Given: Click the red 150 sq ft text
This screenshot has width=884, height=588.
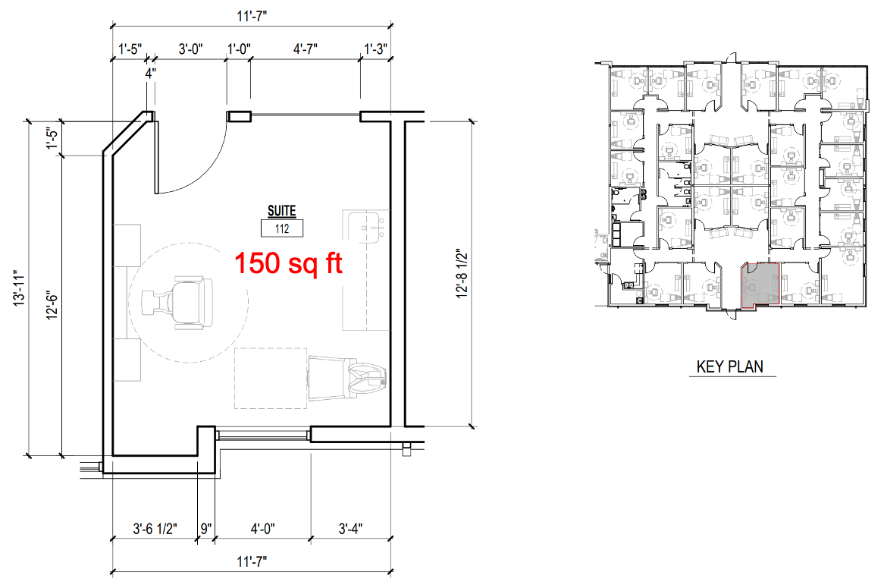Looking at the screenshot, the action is tap(288, 263).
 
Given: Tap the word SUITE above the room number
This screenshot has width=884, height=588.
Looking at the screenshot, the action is tap(281, 211).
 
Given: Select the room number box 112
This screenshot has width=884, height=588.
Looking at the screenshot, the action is tap(282, 228).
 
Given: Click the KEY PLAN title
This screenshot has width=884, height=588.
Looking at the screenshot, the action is tap(730, 366).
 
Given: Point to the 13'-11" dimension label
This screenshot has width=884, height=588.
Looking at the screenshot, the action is tap(20, 288).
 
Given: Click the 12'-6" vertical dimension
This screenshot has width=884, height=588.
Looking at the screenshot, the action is tap(52, 305).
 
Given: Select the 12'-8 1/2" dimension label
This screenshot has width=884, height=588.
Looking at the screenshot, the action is tap(462, 274).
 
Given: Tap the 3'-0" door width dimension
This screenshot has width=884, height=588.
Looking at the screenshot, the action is tap(190, 49).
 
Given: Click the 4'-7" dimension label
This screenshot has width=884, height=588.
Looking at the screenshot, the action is tap(305, 49).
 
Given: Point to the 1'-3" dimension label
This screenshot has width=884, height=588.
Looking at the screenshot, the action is tap(375, 49).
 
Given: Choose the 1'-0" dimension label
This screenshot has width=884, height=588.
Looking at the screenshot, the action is tap(239, 49).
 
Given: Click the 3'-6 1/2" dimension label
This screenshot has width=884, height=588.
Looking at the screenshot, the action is tap(155, 529).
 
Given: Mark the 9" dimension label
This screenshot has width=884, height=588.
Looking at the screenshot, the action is tap(205, 529).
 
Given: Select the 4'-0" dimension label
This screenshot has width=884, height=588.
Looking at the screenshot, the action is tap(263, 529).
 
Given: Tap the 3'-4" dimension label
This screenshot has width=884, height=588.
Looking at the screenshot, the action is tap(350, 529).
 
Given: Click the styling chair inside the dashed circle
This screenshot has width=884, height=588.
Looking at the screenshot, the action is tap(177, 303).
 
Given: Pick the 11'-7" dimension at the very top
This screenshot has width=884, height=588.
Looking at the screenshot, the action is tap(252, 15).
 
